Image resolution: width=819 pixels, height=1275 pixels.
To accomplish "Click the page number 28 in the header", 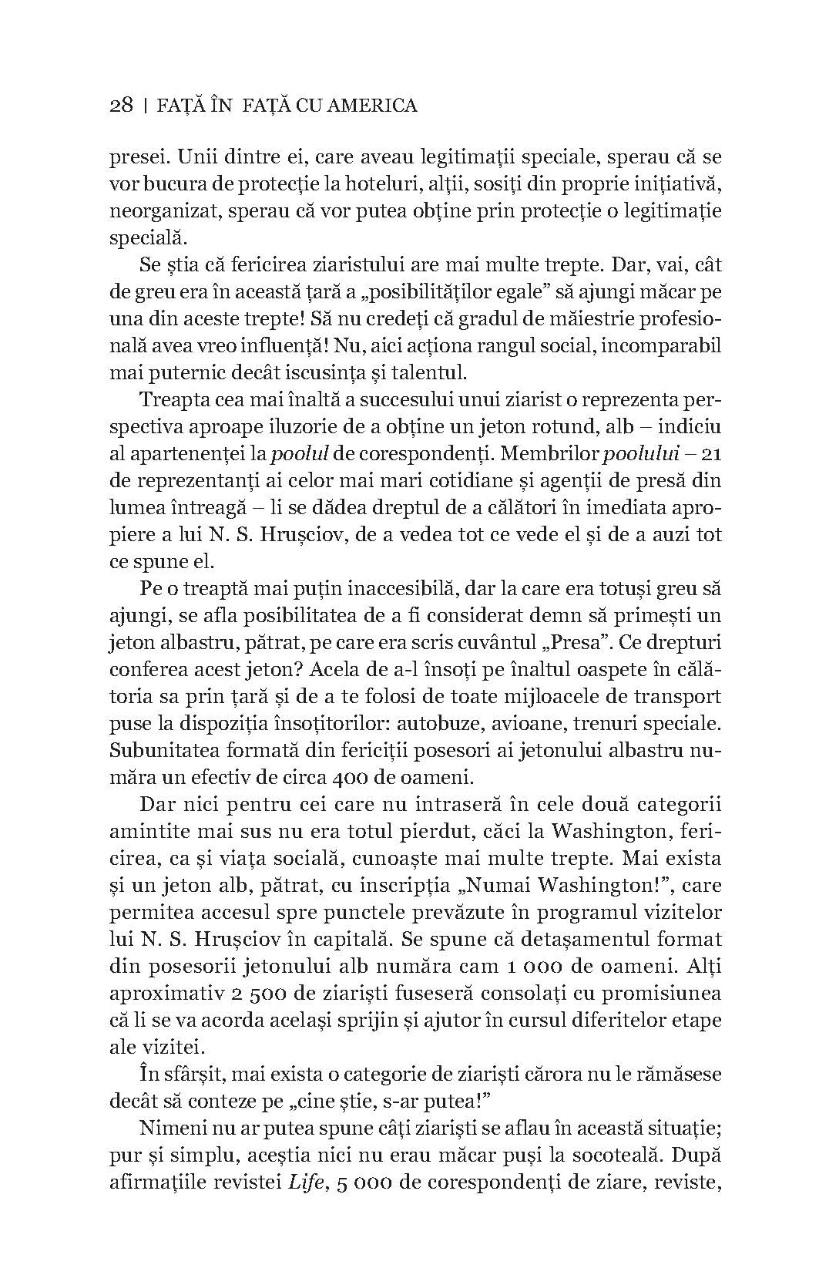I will click(x=122, y=105).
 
